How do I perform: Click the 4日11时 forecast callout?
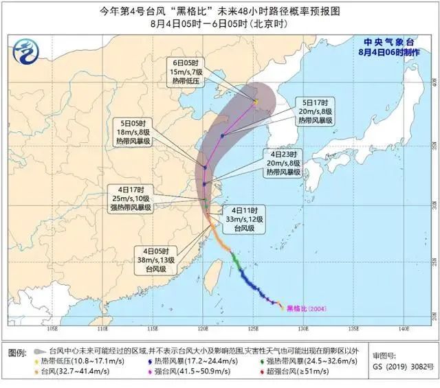(248, 218)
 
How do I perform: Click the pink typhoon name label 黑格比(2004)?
(307, 308)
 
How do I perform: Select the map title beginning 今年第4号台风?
(219, 11)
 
